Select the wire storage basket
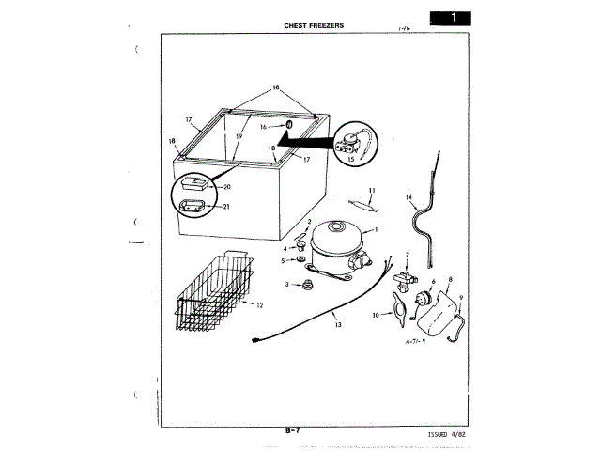click(215, 290)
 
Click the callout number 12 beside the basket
click(259, 306)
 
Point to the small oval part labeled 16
click(291, 124)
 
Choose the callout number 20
click(227, 187)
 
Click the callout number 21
click(227, 206)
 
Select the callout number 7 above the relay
click(408, 255)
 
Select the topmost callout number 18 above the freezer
click(276, 86)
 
